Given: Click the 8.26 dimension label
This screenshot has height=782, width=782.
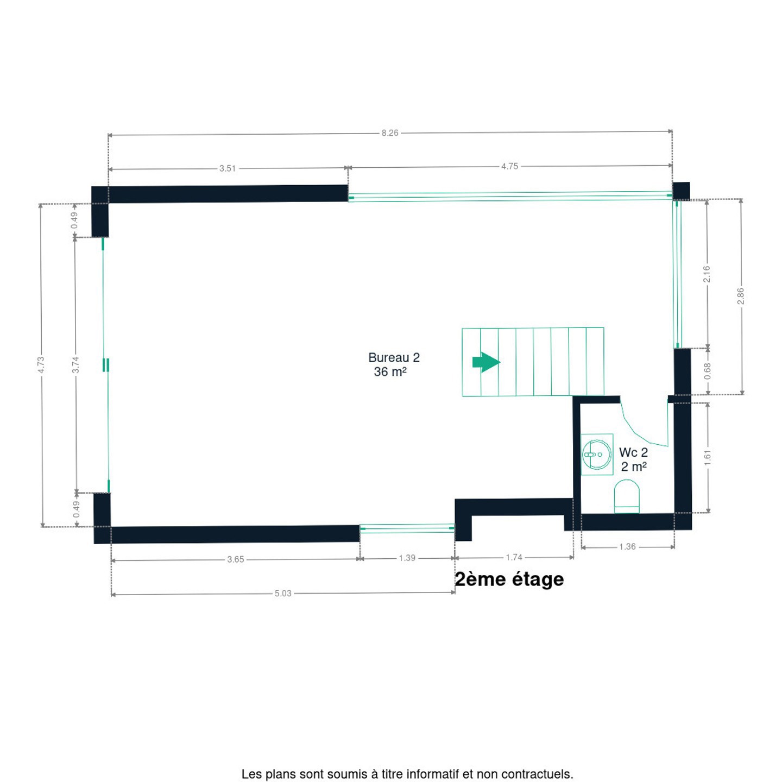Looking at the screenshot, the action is [389, 133].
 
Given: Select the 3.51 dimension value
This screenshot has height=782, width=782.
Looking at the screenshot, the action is [227, 168].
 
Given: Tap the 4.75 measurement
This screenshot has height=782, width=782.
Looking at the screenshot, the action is [509, 166].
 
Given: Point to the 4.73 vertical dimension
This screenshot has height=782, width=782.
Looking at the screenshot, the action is [41, 365].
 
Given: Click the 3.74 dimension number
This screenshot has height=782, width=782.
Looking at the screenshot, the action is [75, 365].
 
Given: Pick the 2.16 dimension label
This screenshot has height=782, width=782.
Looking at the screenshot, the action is [707, 274].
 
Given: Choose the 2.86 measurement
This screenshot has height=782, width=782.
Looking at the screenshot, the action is [741, 296].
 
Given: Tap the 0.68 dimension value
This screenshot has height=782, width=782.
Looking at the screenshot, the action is [708, 371].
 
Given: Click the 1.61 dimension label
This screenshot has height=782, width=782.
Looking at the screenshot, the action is [708, 458].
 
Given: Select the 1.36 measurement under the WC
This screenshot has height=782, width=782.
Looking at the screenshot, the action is [627, 547].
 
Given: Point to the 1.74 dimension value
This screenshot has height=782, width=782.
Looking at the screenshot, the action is [514, 557].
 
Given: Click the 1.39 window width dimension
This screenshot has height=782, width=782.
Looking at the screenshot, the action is [407, 558].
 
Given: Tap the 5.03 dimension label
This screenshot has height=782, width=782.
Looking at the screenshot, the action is [283, 594].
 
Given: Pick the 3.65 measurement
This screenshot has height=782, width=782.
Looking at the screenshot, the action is [235, 559].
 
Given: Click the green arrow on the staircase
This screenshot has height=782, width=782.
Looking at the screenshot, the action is [486, 362].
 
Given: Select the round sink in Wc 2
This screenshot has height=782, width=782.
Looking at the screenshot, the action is [596, 454].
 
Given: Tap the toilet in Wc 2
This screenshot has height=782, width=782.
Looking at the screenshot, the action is [627, 496].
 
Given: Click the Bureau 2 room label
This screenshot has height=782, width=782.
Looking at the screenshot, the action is [394, 357].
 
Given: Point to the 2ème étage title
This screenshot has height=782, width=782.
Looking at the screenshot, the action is [509, 579].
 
